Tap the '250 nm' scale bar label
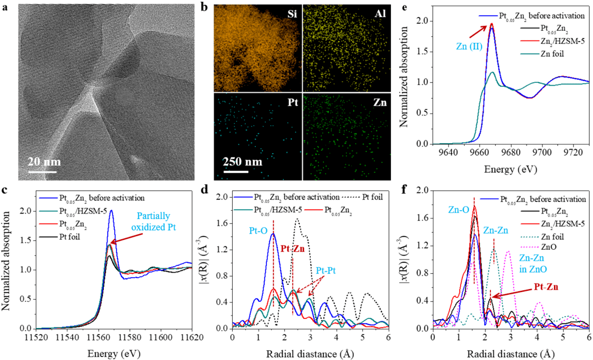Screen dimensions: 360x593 (x=242, y=164)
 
